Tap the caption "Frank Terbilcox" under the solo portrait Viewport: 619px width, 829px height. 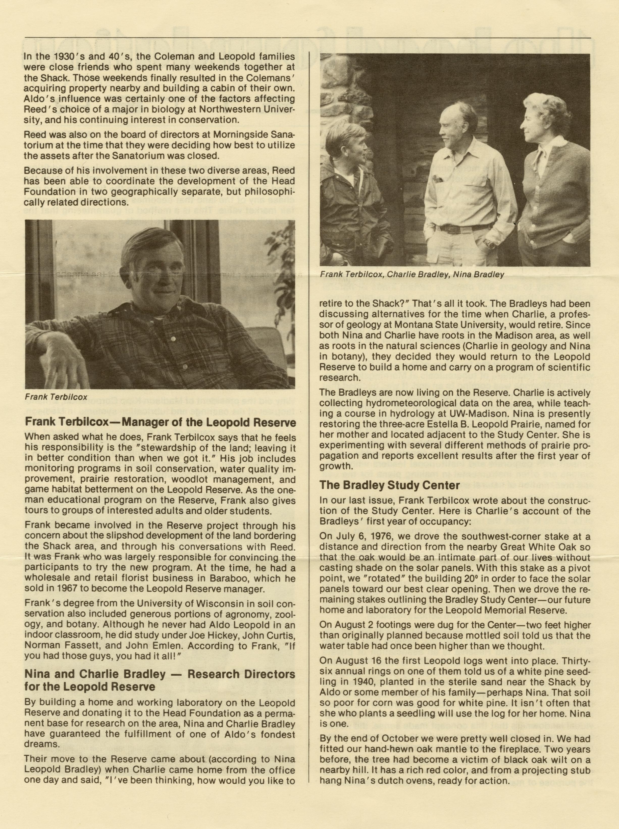coord(56,397)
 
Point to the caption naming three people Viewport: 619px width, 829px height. coord(412,274)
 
